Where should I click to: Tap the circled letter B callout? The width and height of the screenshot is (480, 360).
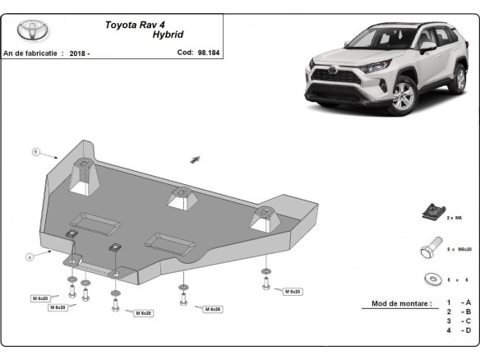point(36,151)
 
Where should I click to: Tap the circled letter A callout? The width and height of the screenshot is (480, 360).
point(30,256)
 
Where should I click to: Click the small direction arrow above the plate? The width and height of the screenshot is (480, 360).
point(196,159)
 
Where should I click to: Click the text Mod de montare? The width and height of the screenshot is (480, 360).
point(400,303)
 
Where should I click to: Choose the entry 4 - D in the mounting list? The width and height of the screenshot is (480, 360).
point(459,330)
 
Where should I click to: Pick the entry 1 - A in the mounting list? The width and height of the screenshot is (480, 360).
point(459,303)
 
